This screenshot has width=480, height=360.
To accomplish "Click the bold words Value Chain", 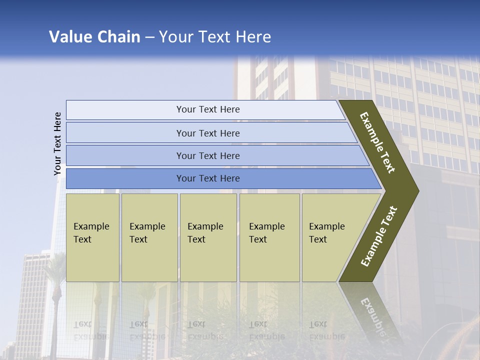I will (94, 37).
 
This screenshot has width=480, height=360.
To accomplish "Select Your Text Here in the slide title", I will (215, 37).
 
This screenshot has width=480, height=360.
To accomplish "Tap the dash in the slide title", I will (149, 37).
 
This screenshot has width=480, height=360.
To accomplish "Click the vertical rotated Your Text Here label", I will (57, 143).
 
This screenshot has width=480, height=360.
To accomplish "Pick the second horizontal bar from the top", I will (207, 133).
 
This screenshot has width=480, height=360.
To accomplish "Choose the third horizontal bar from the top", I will (207, 155).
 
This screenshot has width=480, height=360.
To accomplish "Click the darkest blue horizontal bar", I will (207, 178).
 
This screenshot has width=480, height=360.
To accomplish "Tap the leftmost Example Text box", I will (92, 237).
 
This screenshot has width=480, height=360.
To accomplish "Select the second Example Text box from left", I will (149, 237).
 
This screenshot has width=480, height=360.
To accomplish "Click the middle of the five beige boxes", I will (208, 237).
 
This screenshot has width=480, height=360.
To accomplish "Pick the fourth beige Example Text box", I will (269, 237).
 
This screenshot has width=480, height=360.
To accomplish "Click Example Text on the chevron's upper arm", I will (377, 142).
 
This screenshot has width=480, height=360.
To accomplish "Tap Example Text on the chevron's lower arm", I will (378, 236).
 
